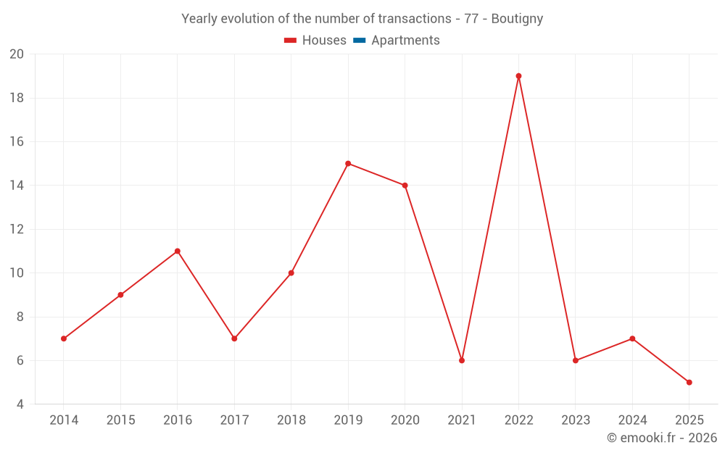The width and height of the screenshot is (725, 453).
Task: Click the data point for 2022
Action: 518,76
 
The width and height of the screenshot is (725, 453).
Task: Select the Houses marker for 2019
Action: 348,164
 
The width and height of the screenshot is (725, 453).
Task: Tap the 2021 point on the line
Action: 462,360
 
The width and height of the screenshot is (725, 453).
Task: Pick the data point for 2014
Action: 64,338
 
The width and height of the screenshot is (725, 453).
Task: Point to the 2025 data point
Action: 689,382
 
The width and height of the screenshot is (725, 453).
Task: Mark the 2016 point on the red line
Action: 178,251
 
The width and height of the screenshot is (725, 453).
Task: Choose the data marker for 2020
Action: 405,186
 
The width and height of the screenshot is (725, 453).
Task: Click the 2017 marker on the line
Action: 234,338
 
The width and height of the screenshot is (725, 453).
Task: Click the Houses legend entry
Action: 323,41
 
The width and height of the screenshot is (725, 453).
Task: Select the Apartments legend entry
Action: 405,41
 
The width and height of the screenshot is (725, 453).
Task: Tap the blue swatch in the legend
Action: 360,41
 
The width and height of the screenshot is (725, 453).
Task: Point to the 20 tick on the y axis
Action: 17,54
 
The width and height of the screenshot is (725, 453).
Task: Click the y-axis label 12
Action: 17,230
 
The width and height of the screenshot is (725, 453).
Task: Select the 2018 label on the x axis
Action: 291,420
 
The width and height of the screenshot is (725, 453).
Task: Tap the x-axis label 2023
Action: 575,420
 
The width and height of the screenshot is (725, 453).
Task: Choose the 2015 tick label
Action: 120,420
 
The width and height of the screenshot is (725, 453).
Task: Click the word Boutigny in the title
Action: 517,19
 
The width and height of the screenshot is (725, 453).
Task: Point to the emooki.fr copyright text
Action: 662,438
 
